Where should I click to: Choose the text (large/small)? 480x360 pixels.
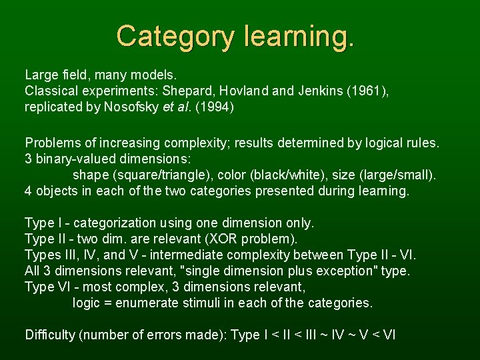(395, 175)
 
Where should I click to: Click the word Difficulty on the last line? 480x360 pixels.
(50, 335)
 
